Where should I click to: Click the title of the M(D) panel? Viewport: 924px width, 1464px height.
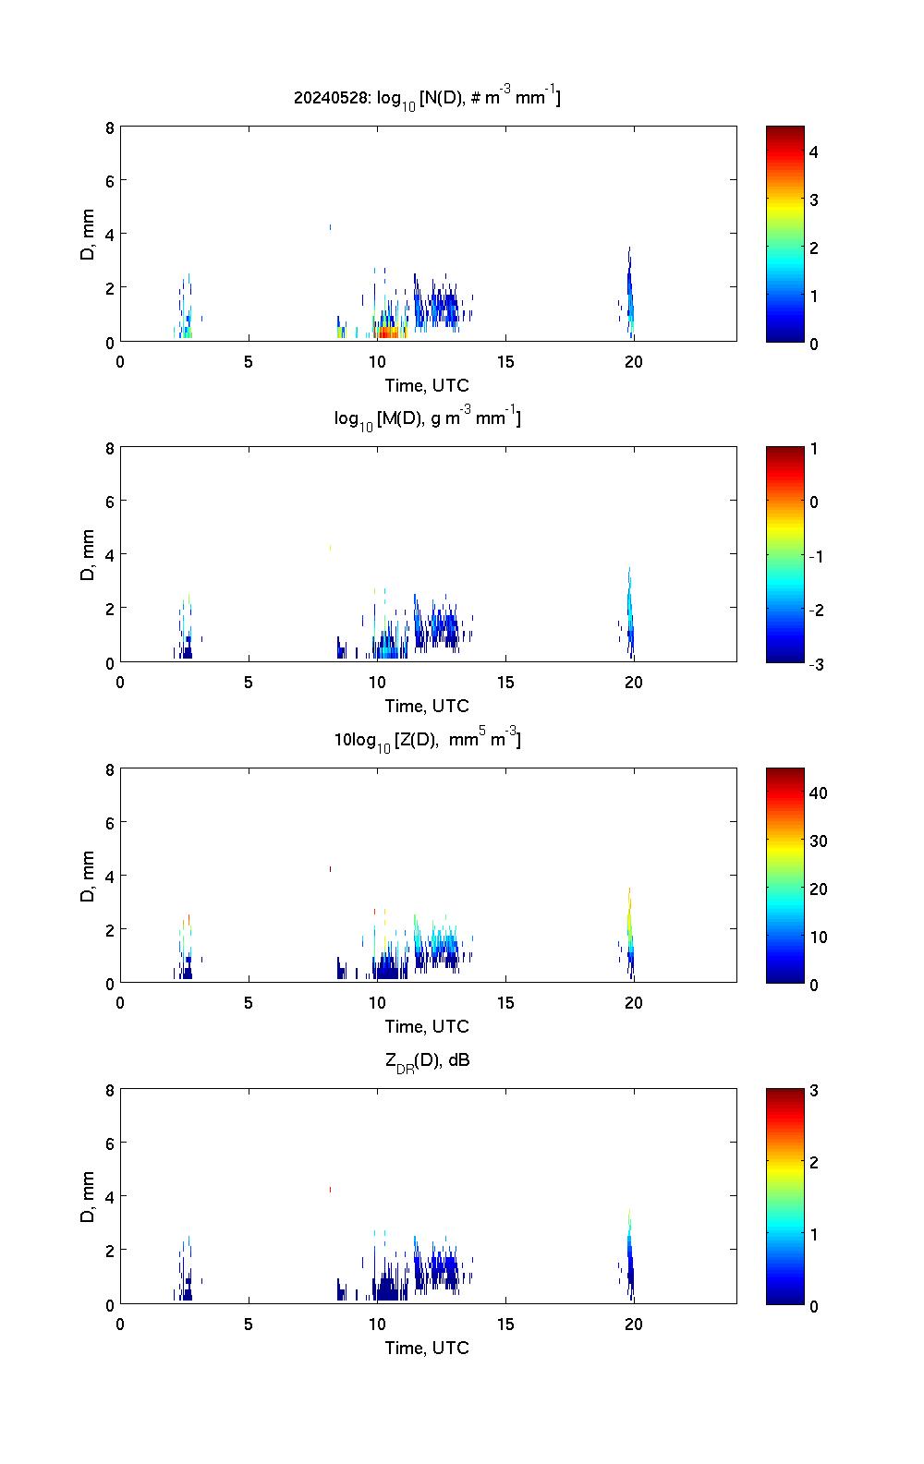[x=427, y=418]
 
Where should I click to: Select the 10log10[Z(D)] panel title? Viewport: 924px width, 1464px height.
[x=427, y=739]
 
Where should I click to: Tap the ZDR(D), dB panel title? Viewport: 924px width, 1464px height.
[x=427, y=1060]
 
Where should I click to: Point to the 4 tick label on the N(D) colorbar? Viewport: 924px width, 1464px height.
[x=814, y=151]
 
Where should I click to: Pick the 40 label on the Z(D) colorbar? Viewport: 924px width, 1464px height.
[x=818, y=792]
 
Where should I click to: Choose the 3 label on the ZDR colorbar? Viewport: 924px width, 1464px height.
[x=814, y=1091]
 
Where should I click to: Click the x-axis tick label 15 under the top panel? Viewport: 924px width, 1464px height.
[x=505, y=362]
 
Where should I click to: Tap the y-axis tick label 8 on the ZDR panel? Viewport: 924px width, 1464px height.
[x=110, y=1090]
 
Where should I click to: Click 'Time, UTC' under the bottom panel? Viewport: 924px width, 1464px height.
[x=427, y=1348]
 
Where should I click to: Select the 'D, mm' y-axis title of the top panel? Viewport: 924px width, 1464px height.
[x=89, y=235]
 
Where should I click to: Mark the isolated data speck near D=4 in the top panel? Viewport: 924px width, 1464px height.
[x=330, y=226]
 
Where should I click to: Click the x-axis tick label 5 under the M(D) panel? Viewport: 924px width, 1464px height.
[x=249, y=683]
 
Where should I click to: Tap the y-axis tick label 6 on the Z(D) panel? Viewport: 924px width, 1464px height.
[x=110, y=822]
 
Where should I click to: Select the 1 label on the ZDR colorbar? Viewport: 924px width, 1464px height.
[x=814, y=1234]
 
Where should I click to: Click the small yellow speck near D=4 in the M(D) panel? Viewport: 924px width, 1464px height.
[x=330, y=548]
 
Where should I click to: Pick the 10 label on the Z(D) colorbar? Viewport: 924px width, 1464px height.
[x=818, y=937]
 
